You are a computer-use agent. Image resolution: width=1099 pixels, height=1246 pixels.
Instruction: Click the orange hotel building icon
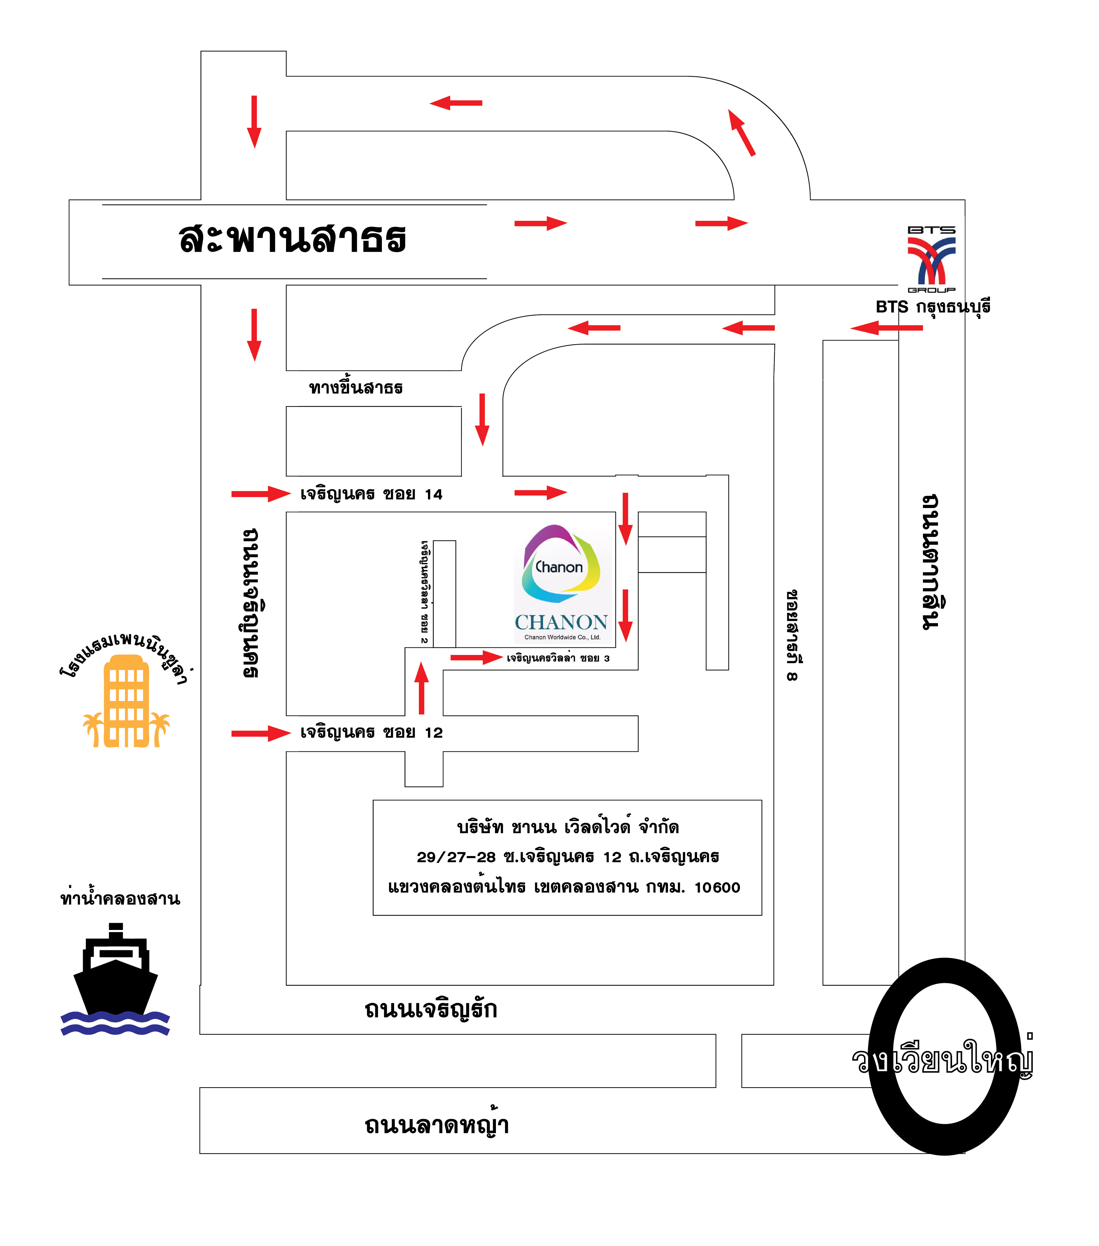[126, 701]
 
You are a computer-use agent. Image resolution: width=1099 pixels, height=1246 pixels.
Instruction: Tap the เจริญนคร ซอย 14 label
[371, 494]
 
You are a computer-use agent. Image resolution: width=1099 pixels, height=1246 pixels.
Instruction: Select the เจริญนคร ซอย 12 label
[371, 733]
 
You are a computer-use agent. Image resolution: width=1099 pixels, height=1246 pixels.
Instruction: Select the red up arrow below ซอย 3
[421, 688]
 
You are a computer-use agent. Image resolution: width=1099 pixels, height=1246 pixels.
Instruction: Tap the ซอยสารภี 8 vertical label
[792, 635]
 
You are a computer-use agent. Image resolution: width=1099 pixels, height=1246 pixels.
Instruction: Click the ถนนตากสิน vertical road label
[931, 562]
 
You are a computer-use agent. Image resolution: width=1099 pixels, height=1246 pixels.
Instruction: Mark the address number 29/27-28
[456, 857]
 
